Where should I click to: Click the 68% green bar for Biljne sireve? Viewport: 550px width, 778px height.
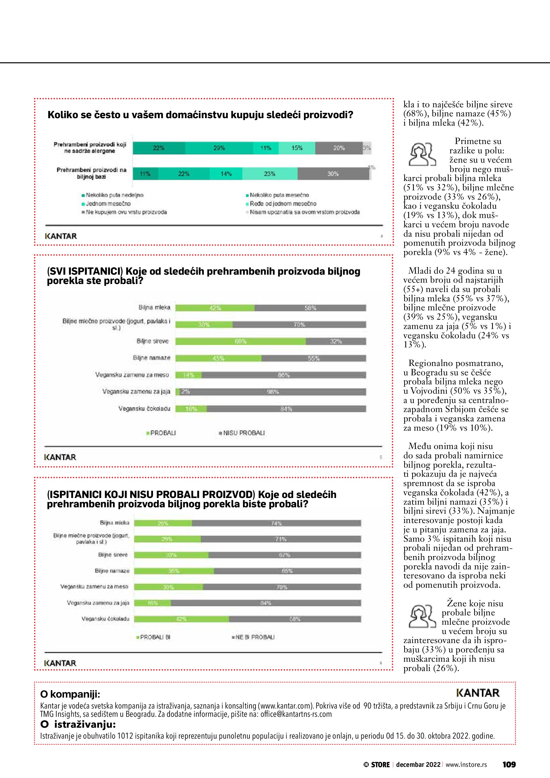click(x=241, y=341)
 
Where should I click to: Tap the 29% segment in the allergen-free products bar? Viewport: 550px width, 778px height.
click(x=219, y=148)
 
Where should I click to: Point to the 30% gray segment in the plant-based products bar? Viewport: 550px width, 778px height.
click(x=333, y=174)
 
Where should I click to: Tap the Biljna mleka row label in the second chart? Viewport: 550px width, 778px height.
click(x=154, y=308)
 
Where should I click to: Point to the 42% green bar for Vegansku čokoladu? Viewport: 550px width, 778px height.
click(x=181, y=619)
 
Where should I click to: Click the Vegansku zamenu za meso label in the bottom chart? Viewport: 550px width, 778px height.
click(x=94, y=587)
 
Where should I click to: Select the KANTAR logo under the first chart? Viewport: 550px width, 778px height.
click(x=61, y=236)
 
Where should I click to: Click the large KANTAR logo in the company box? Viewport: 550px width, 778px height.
click(x=478, y=693)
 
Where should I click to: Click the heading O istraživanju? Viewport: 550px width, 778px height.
click(x=78, y=725)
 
